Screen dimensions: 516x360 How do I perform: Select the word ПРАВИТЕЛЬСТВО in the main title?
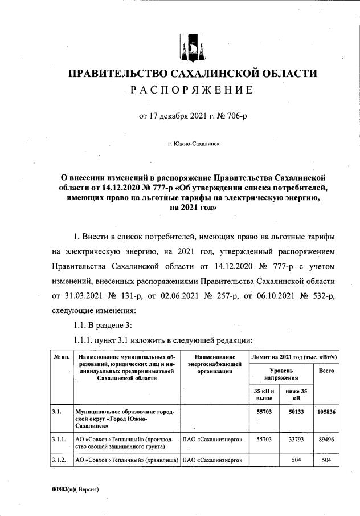pos(117,74)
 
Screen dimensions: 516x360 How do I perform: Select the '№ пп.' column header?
pos(62,357)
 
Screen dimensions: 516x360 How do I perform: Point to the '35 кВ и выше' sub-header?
pos(264,395)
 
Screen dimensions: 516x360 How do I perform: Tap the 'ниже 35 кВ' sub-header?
pos(296,395)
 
